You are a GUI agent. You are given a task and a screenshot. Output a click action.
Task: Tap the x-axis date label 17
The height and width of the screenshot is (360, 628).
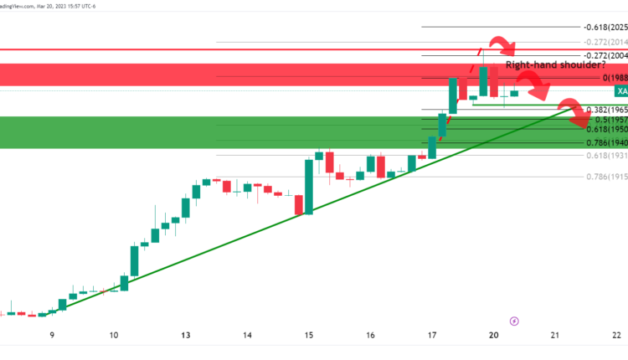point(431,335)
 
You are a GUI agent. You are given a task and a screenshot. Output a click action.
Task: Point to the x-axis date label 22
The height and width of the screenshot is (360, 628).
point(616,335)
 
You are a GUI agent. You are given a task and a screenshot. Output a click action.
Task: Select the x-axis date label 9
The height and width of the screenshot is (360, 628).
point(52,335)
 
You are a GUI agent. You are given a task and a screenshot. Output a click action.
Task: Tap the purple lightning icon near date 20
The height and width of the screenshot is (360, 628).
point(514,320)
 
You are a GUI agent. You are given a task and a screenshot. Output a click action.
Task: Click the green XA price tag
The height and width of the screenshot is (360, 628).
point(620,90)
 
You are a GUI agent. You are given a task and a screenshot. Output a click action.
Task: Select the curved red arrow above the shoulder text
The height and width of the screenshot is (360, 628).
point(503,45)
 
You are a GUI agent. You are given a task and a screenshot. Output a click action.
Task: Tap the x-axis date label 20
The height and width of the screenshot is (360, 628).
point(494,335)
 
